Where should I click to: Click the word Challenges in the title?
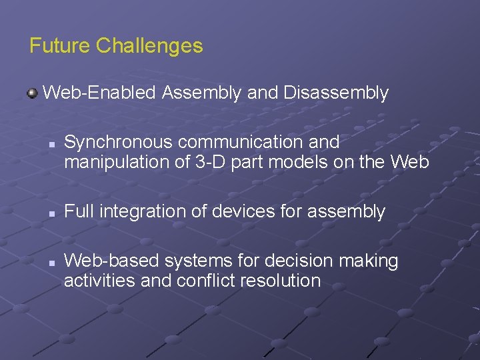149,46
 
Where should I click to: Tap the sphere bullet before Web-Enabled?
32,93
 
